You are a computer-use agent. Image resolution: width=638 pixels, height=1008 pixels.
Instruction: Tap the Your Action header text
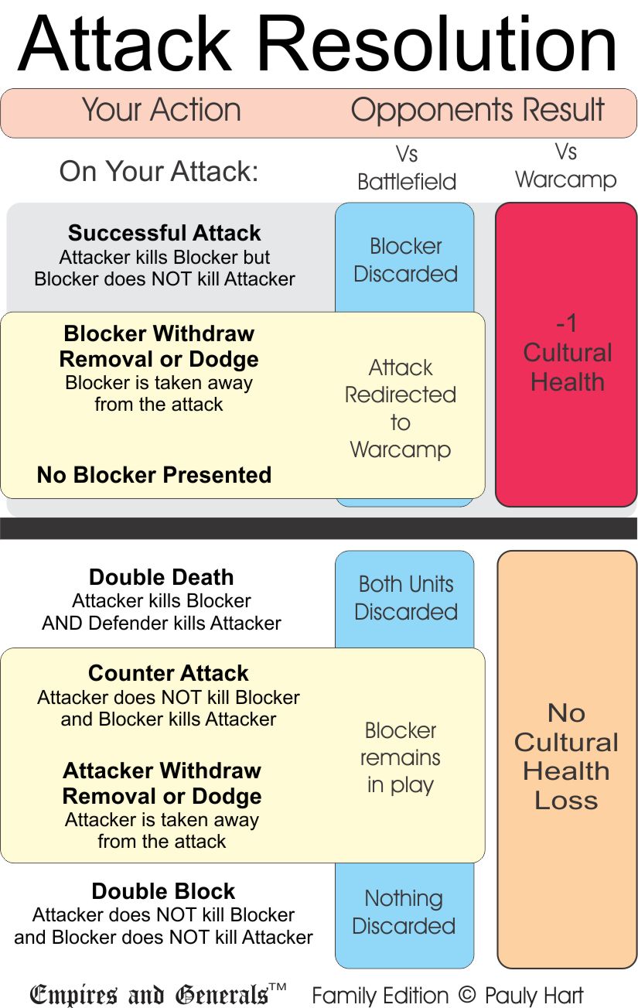click(161, 110)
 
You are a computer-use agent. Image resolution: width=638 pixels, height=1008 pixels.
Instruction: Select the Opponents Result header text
click(477, 110)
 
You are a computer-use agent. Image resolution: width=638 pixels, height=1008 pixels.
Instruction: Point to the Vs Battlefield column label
click(407, 167)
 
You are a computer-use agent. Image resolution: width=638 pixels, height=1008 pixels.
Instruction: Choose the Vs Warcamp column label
click(566, 166)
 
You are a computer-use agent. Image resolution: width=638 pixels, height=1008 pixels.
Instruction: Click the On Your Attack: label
click(159, 171)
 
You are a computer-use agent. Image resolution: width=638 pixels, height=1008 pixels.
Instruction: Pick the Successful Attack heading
click(165, 233)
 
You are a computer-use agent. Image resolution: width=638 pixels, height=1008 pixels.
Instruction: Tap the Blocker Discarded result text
click(405, 260)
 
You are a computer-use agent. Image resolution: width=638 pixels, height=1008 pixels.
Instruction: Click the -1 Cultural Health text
click(567, 353)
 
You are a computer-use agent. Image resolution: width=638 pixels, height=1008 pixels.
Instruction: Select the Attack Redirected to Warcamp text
click(400, 408)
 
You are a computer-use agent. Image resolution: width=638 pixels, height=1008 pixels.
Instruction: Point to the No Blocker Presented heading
click(154, 474)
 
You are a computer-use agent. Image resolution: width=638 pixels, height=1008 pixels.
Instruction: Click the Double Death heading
click(161, 577)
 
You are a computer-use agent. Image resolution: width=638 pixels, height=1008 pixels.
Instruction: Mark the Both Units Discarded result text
click(406, 598)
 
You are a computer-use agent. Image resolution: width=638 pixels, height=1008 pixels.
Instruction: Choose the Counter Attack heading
click(169, 673)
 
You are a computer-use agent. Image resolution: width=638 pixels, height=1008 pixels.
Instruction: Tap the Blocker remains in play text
click(401, 757)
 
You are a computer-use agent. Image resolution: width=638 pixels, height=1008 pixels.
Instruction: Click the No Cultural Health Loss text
click(567, 757)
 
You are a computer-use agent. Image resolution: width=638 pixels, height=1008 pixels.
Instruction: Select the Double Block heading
click(163, 891)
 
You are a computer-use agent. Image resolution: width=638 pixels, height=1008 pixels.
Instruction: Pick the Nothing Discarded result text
click(404, 912)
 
